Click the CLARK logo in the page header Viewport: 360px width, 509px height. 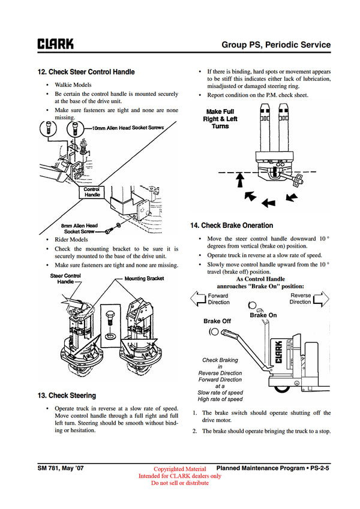[56, 44]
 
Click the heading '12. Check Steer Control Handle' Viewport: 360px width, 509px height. [86, 72]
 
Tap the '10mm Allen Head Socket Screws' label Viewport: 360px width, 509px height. [127, 128]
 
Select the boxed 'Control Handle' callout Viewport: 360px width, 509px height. [92, 192]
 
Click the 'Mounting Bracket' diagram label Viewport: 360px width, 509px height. [144, 279]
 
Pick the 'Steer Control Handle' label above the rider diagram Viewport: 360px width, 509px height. [65, 278]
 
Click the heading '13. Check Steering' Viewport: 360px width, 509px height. [66, 396]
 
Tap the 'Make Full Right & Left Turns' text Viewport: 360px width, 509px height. [220, 119]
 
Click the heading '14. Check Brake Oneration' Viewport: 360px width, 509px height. [231, 225]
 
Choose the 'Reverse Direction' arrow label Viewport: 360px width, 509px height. [301, 299]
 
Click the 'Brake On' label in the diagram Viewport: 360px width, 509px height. [263, 315]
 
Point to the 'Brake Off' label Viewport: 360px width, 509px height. [217, 321]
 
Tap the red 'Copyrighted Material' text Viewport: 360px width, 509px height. [179, 469]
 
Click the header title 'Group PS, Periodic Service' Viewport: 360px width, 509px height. [276, 44]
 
